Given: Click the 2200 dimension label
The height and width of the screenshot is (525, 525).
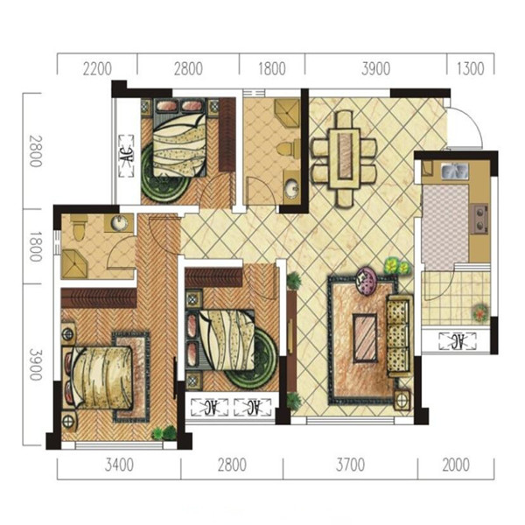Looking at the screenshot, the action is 97,68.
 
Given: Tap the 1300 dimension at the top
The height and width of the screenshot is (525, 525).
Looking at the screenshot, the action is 471,68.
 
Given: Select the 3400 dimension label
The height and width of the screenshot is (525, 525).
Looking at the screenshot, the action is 119,465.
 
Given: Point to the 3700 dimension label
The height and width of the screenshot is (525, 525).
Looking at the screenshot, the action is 350,465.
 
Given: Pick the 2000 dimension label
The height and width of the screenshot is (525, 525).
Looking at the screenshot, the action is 456,465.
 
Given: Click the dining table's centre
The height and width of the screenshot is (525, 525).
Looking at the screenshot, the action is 345,158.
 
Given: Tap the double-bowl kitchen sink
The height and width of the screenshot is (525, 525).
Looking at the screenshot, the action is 454,171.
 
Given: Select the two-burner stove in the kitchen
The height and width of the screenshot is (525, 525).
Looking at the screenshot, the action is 479,219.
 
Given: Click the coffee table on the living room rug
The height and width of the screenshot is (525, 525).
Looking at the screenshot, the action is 365,338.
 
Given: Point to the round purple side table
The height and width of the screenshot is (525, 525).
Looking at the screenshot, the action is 367,280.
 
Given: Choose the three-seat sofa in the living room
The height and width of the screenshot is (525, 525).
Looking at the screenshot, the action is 399,336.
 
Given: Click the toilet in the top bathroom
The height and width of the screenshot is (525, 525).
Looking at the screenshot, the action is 289,148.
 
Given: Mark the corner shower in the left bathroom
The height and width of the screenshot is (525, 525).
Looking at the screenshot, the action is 74,264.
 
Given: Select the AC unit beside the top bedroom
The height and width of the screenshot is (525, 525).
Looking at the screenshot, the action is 126,156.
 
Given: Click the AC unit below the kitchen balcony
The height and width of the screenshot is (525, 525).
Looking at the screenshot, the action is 458,341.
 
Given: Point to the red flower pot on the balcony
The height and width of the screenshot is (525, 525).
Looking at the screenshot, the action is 481,312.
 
